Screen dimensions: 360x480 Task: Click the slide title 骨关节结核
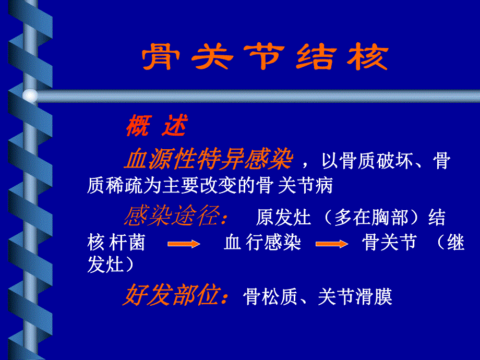(265, 58)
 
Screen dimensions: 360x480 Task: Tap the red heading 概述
(156, 126)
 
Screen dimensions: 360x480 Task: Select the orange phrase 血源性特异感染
(208, 160)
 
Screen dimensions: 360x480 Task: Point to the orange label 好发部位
(176, 296)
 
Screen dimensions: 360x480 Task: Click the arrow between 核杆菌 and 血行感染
(184, 244)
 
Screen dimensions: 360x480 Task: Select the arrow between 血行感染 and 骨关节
(332, 244)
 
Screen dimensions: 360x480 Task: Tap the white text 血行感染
(262, 243)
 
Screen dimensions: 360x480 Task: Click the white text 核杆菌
(116, 243)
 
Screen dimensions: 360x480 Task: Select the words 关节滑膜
(354, 297)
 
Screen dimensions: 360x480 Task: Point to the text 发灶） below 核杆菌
(111, 264)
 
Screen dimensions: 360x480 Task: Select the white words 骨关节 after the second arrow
(389, 243)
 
